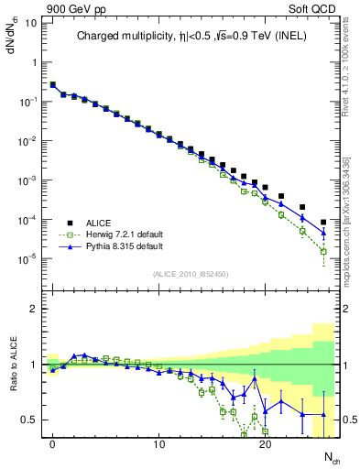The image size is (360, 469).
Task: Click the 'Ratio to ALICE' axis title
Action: pos(12,365)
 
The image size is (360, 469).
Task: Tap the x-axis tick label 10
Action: pos(158,444)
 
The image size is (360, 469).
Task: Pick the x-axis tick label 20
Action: pos(265,444)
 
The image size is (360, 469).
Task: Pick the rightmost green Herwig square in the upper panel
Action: pos(323,251)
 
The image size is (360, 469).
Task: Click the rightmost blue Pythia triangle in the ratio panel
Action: pos(323,416)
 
